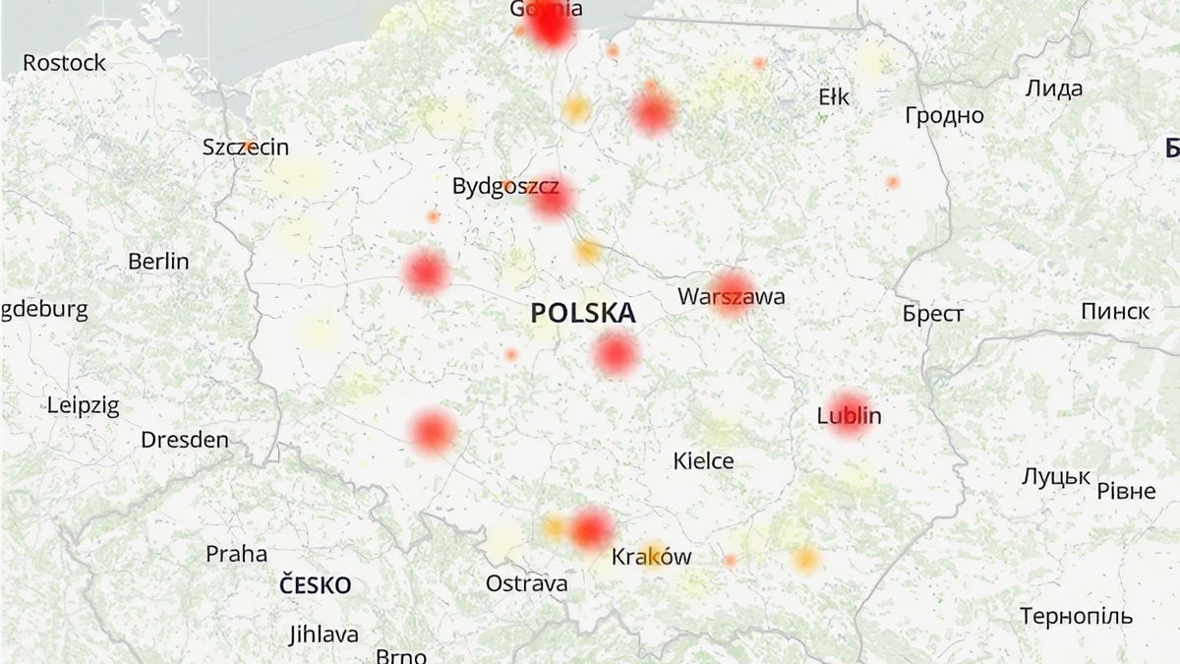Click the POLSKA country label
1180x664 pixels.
pyautogui.click(x=583, y=314)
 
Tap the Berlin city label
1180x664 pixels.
pyautogui.click(x=158, y=262)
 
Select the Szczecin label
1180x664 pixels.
pyautogui.click(x=246, y=148)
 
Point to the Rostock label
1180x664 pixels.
pyautogui.click(x=64, y=63)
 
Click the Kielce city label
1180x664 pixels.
pyautogui.click(x=703, y=460)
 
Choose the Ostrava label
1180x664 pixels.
pyautogui.click(x=526, y=583)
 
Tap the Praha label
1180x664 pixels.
pyautogui.click(x=236, y=554)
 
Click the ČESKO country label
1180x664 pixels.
pyautogui.click(x=315, y=585)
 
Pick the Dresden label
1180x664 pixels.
pyautogui.click(x=185, y=440)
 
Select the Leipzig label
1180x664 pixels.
pyautogui.click(x=83, y=405)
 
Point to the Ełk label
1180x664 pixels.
pyautogui.click(x=834, y=97)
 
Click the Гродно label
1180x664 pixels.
pyautogui.click(x=944, y=116)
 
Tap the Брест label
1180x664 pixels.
pyautogui.click(x=933, y=315)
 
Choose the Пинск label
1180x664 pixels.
pyautogui.click(x=1115, y=312)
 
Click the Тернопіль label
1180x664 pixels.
pyautogui.click(x=1076, y=618)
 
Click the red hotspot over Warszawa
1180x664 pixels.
pyautogui.click(x=732, y=293)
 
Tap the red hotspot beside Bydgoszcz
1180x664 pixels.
pyautogui.click(x=552, y=199)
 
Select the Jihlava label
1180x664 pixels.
pyautogui.click(x=324, y=634)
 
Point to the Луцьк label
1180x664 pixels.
pyautogui.click(x=1055, y=477)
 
